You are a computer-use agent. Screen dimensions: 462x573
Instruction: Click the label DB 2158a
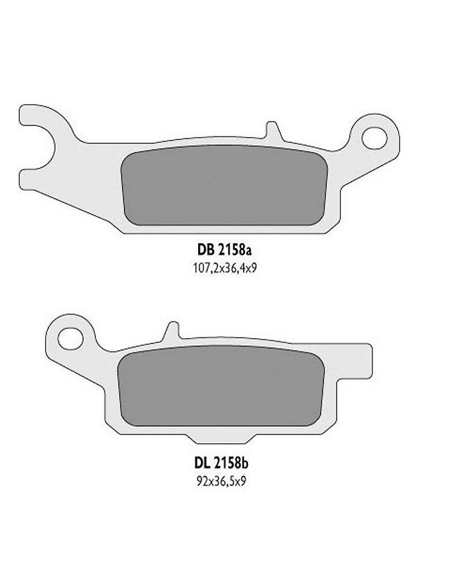[224, 250]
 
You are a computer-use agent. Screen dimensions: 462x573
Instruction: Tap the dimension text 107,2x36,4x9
[225, 269]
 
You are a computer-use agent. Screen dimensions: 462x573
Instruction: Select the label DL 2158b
[222, 464]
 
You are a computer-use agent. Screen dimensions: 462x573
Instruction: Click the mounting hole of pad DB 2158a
[374, 138]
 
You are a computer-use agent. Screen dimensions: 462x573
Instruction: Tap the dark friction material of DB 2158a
[224, 186]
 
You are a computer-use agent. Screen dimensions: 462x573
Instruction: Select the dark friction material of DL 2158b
[220, 386]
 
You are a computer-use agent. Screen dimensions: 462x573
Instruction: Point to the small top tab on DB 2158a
[272, 130]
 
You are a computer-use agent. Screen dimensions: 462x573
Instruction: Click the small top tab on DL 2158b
[173, 330]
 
